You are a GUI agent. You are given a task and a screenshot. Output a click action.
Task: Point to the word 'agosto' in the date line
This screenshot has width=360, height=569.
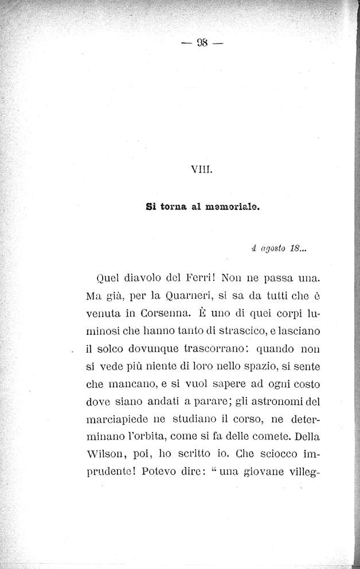click(x=273, y=249)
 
